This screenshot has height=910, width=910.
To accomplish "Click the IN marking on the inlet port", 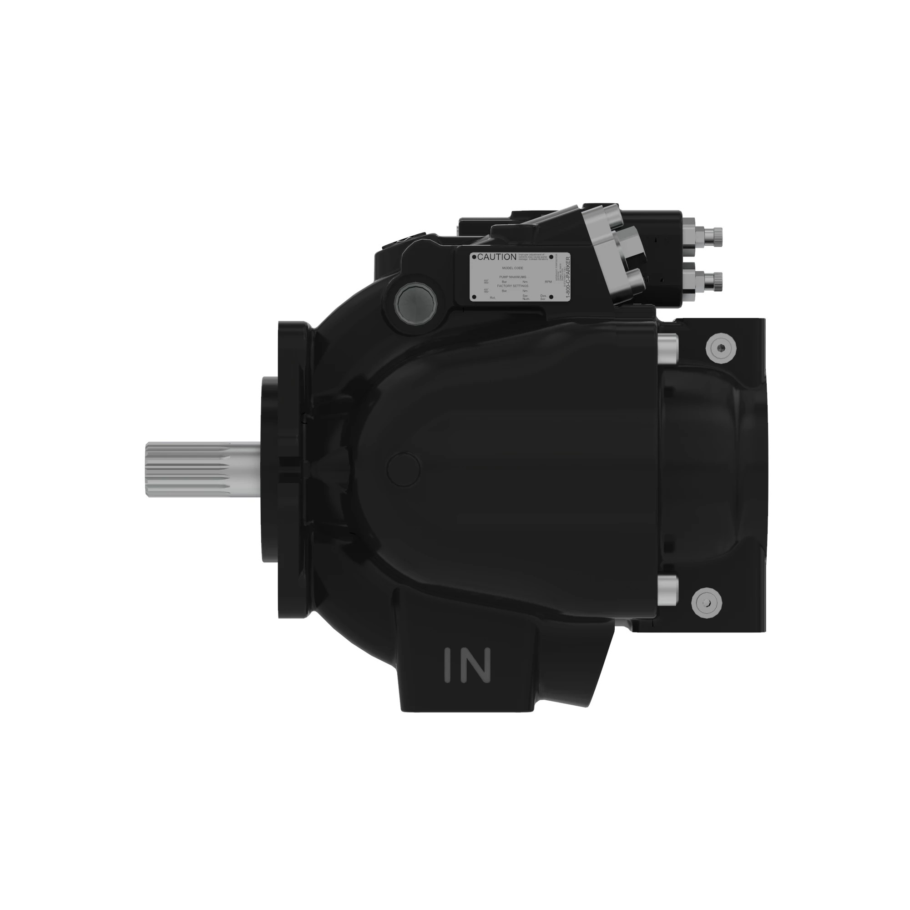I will pos(467,666).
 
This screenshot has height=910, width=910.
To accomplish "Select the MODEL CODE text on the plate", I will pos(512,268).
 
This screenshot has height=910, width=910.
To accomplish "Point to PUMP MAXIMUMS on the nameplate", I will pos(512,277).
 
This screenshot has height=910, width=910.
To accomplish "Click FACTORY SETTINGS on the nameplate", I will pos(512,286).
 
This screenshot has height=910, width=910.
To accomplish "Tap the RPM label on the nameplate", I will pos(548,282).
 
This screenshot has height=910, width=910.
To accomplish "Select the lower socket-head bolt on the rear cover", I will pos(706,603).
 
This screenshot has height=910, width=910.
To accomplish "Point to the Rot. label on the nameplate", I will pos(493,298).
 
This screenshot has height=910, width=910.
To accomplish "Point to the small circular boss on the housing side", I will pos(403,469).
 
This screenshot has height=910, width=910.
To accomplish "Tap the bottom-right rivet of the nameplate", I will pos(551,297).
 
